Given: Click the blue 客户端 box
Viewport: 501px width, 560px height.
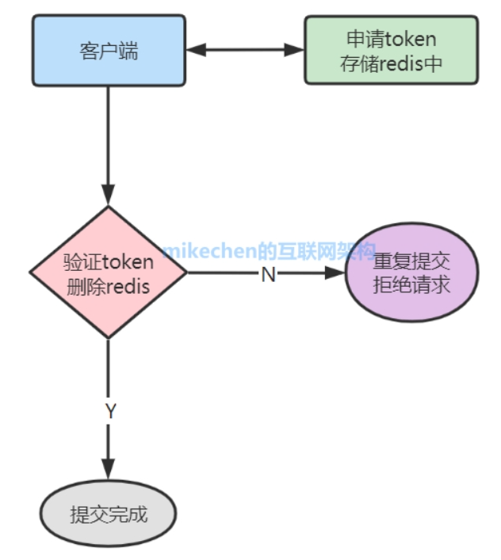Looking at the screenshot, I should [109, 49].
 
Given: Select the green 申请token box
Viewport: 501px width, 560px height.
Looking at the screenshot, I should [391, 49].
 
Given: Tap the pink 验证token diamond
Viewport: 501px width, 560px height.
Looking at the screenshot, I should [109, 272].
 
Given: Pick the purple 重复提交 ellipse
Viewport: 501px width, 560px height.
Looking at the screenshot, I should [412, 272].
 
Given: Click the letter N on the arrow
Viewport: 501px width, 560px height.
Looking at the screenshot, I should [268, 274].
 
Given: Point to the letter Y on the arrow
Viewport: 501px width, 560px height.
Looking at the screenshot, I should [110, 411].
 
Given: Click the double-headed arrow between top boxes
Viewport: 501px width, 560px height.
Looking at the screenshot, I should [246, 49].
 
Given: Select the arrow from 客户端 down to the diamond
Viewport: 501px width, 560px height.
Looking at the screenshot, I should [109, 143].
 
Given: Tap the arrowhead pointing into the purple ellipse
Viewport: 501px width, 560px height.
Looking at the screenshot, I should [336, 273].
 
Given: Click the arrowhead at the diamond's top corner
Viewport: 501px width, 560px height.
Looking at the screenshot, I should [109, 195].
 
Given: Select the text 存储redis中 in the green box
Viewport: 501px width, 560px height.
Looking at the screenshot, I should [391, 64].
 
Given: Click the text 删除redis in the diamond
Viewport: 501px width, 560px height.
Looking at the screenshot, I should [109, 287].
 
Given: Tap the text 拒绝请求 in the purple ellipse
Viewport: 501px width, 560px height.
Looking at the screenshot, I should [412, 284].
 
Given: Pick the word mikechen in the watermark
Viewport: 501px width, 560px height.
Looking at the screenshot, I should [208, 252].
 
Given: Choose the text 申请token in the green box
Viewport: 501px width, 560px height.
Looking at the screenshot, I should [391, 38].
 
